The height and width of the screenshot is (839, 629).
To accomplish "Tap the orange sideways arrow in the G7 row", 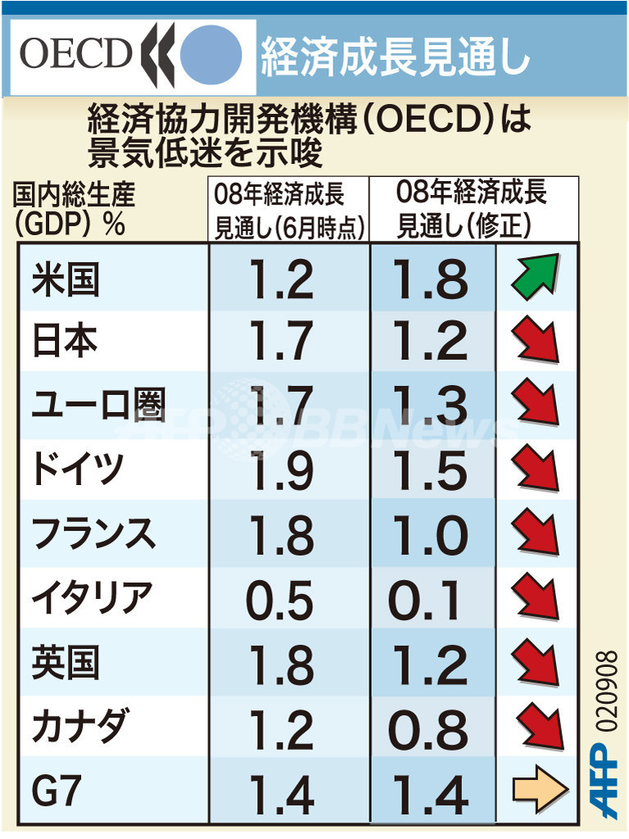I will pos(540,790).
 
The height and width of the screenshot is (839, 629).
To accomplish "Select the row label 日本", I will pos(65,340).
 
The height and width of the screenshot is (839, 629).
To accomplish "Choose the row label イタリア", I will pos(91,598).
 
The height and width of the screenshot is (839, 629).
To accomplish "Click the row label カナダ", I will pos(79,726).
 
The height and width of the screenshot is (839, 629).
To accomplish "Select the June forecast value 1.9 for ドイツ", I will pos(279,469).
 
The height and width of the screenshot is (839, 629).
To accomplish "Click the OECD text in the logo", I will pos(75,55).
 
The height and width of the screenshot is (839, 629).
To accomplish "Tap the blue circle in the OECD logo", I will pos(210,56).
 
